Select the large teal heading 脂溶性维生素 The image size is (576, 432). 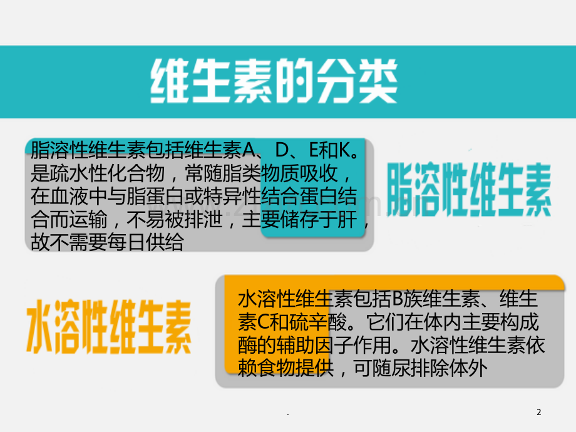(x=469, y=190)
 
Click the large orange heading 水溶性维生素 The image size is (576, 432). (x=109, y=327)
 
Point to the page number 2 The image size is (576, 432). (x=539, y=412)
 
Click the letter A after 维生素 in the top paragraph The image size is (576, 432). (x=249, y=150)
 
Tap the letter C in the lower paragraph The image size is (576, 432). (x=264, y=322)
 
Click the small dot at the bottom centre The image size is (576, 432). (x=288, y=414)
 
